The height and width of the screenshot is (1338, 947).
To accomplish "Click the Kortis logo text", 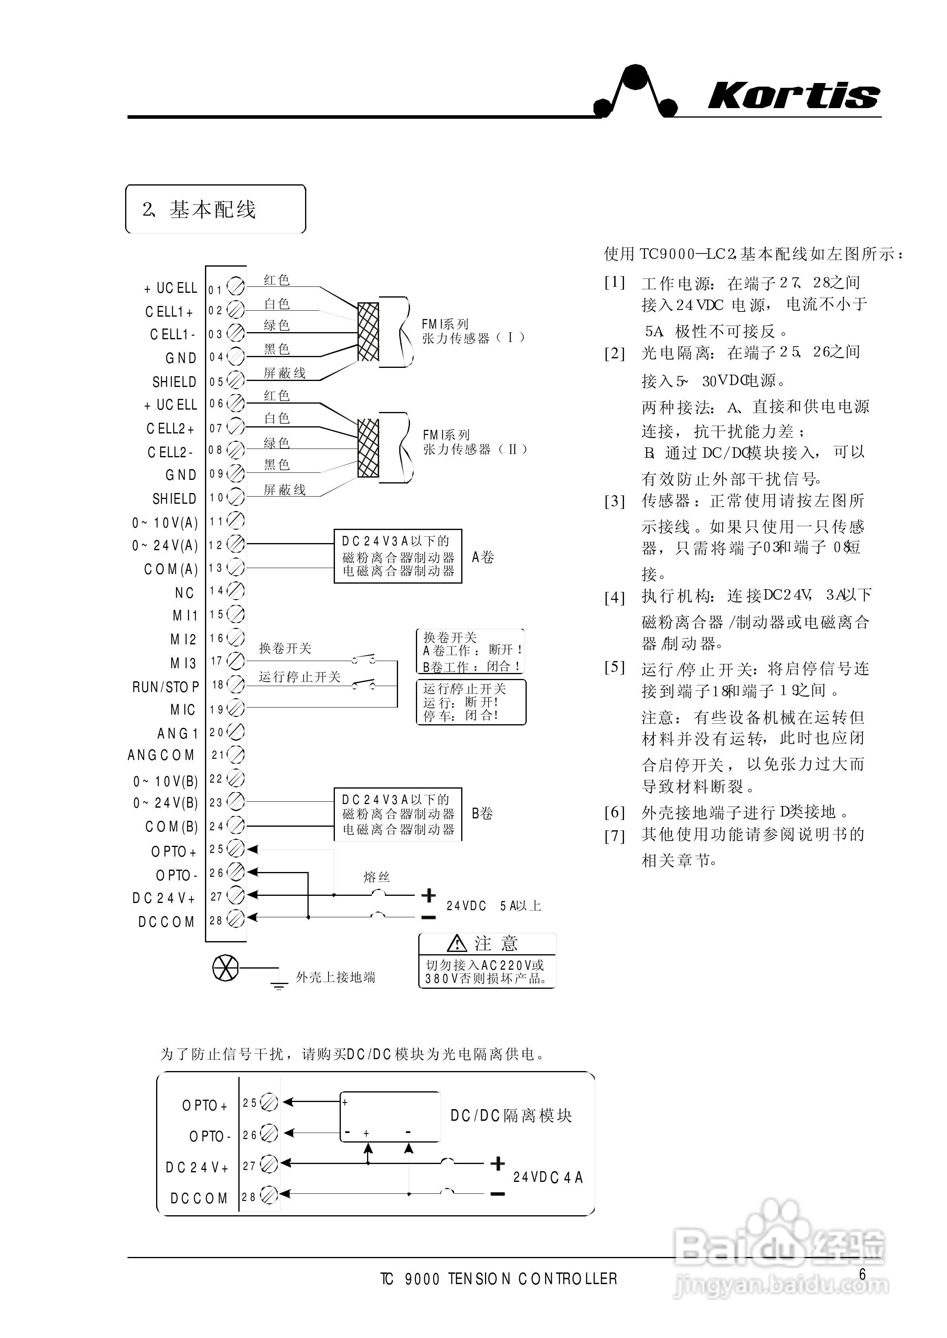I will [x=793, y=96].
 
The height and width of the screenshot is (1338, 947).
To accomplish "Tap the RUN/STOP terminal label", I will [x=166, y=687].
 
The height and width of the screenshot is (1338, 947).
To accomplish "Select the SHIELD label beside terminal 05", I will [x=174, y=382].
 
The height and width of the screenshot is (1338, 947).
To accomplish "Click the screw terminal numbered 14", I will [x=235, y=591].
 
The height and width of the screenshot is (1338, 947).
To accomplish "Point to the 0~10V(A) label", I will [x=165, y=523].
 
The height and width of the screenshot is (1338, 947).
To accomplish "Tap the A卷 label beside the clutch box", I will [x=483, y=557].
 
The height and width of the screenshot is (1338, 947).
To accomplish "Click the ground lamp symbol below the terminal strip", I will [x=226, y=969].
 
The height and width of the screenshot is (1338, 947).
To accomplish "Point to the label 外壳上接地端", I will [x=335, y=977].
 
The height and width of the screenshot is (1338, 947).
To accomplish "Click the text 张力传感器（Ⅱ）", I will [x=475, y=449].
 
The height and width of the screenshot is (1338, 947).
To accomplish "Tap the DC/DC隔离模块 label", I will [x=511, y=1116].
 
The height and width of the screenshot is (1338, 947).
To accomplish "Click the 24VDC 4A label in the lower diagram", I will [x=547, y=1177].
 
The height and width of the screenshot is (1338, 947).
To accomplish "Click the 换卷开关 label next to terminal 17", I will [x=285, y=648].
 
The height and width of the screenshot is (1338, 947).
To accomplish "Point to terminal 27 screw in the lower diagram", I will [x=269, y=1164].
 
